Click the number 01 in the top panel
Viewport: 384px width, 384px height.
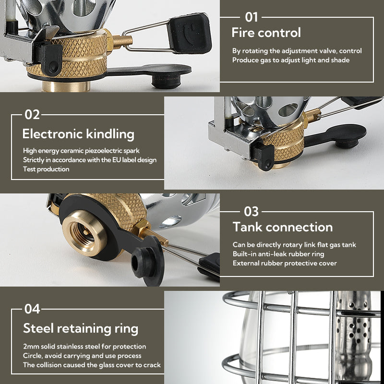252,17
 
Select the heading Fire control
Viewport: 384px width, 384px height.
266,33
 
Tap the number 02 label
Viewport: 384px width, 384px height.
33,115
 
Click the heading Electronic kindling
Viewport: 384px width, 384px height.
78,133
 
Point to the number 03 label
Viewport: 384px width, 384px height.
251,211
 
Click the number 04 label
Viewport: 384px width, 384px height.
33,309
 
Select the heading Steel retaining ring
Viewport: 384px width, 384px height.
81,328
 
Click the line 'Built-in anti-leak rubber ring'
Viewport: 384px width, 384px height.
278,254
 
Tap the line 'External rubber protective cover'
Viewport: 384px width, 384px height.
285,263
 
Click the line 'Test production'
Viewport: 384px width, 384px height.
46,169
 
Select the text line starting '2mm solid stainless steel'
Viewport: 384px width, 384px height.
84,346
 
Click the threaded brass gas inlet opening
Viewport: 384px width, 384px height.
82,232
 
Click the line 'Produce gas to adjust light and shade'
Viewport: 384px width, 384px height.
291,60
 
